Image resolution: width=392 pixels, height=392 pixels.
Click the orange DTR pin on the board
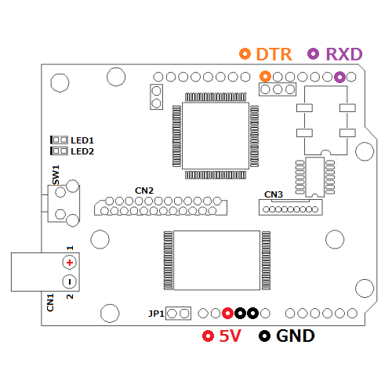pos(265,77)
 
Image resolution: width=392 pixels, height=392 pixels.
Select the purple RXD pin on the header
pos(339,77)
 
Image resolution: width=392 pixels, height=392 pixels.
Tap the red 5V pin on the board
pos(227,313)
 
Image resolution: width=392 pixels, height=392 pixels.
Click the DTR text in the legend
pos(274,54)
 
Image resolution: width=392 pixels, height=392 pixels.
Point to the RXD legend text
pos(344,54)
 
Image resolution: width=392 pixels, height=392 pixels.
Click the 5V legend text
pos(230,336)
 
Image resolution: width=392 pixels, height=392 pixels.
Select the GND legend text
pos(296,336)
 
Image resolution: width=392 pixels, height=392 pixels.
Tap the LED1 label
pos(82,140)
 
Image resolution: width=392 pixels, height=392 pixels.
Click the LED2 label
pos(82,151)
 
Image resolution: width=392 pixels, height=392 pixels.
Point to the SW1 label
pos(56,175)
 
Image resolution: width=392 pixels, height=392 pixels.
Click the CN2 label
pos(144,191)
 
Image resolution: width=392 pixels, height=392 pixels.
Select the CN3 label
pos(274,194)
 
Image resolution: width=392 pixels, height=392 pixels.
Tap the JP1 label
pos(156,314)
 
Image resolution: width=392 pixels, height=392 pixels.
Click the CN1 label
pos(50,303)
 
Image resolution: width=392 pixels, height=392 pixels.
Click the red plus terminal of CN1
pos(70,263)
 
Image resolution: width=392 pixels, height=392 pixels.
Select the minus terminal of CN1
pos(70,281)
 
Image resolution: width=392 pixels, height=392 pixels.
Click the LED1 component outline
pos(59,140)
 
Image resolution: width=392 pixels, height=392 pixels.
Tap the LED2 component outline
pos(59,151)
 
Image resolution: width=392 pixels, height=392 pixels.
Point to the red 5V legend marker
pos(209,336)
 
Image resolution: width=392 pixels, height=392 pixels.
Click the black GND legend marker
pos(264,336)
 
